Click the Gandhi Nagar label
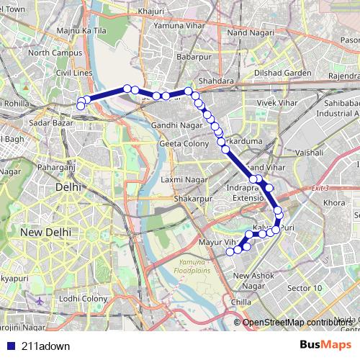tap(174, 125)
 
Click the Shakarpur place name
tap(190, 198)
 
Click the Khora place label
tap(334, 203)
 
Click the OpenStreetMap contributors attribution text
tap(297, 322)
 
